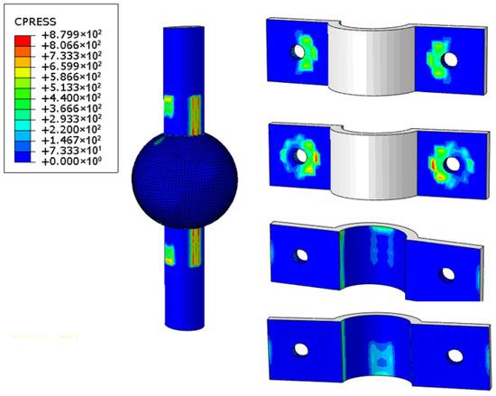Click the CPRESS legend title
point(35,22)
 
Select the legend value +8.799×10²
point(71,34)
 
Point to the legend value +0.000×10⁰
point(71,161)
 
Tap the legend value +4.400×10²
point(71,97)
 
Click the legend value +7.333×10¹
point(71,151)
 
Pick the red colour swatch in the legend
point(23,41)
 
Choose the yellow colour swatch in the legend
point(23,72)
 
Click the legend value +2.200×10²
point(71,129)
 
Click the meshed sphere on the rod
point(184,180)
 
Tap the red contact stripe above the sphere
point(195,115)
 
